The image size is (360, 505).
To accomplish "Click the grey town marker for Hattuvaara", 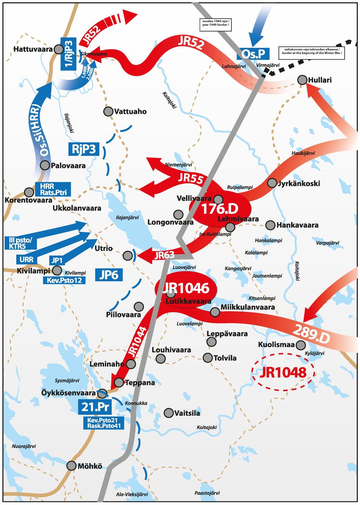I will coord(58,49).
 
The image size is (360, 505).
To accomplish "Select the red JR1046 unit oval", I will coord(186,288).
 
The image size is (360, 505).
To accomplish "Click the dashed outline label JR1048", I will coord(283,372).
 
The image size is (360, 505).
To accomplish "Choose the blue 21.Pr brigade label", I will coord(95,406).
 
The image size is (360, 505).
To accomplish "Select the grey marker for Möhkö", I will coord(71,465).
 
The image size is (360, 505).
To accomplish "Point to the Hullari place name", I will coord(320,80).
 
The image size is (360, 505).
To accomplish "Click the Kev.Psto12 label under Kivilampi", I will coord(64,280).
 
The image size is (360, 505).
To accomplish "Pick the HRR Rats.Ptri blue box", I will coord(53,189).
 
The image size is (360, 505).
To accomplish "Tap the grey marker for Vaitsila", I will coord(168,413).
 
